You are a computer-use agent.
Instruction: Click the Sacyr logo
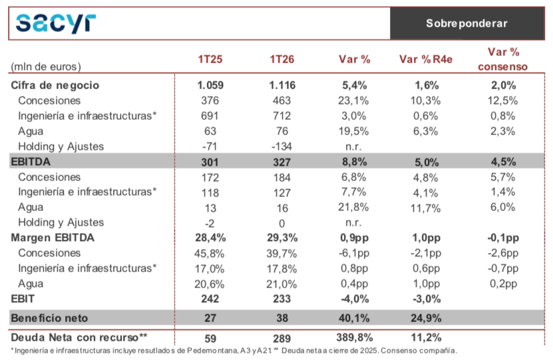[x=56, y=23]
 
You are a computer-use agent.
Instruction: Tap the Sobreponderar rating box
[x=467, y=23]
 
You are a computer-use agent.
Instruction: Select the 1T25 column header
[x=210, y=59]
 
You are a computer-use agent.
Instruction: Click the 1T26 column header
[x=281, y=59]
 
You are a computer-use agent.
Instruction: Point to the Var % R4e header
[x=426, y=59]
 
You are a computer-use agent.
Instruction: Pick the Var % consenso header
[x=503, y=59]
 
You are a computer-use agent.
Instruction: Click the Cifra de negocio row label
[x=55, y=85]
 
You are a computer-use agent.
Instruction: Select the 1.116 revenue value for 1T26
[x=282, y=85]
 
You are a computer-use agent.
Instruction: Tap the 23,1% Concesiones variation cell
[x=353, y=101]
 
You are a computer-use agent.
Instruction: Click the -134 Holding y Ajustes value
[x=281, y=146]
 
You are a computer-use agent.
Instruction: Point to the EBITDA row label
[x=31, y=162]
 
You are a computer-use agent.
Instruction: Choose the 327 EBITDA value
[x=281, y=162]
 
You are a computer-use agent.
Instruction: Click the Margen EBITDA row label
[x=53, y=238]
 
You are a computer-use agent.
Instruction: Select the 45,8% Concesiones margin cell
[x=209, y=254]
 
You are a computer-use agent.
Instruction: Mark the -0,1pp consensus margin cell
[x=503, y=238]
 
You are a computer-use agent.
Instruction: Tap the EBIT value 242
[x=210, y=299]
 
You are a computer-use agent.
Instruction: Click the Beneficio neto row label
[x=49, y=318]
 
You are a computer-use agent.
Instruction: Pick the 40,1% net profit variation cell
[x=354, y=318]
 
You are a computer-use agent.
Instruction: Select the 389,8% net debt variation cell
[x=355, y=338]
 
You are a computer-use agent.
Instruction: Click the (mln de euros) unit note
[x=46, y=67]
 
